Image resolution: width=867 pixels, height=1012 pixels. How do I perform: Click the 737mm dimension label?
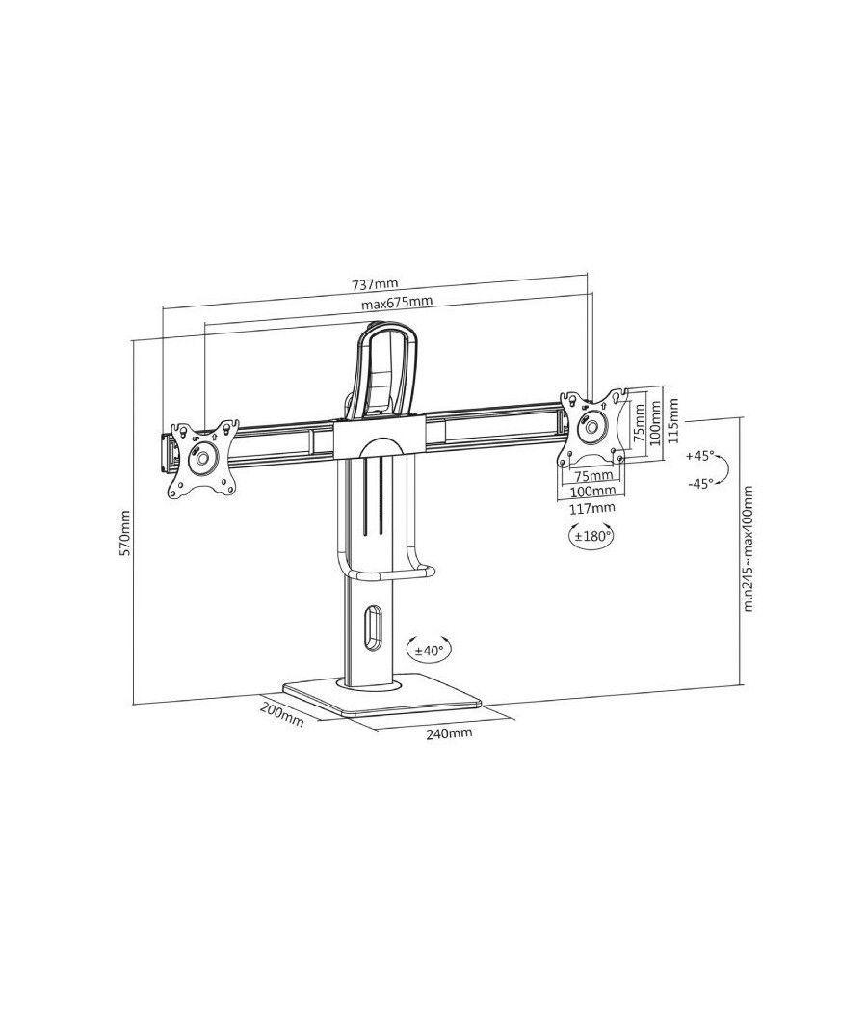(375, 284)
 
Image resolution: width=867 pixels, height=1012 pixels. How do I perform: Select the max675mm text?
(397, 303)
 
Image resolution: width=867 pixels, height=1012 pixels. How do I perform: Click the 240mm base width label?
(449, 733)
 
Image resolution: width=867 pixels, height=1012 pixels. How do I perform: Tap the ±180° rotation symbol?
(591, 537)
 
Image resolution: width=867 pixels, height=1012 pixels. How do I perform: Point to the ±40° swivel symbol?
(427, 651)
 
